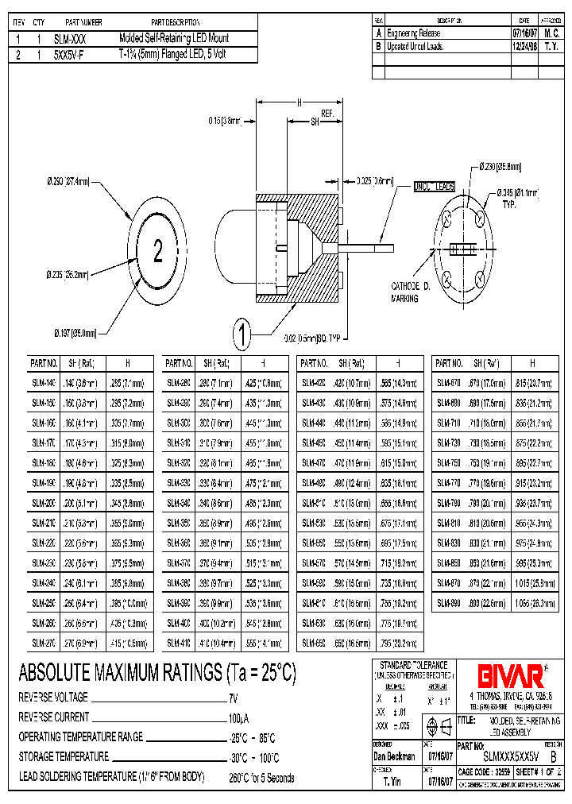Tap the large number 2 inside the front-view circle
pos(157,253)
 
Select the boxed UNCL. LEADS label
pos(434,187)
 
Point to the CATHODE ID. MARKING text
pos(410,292)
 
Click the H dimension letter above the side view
pos(300,102)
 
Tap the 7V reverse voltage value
pos(233,699)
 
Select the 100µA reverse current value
pos(238,718)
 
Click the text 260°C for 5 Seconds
pos(261,777)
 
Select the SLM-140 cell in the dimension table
pos(43,383)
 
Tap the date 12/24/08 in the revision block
pos(524,47)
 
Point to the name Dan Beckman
pos(393,757)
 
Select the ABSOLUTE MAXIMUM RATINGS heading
pos(157,674)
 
